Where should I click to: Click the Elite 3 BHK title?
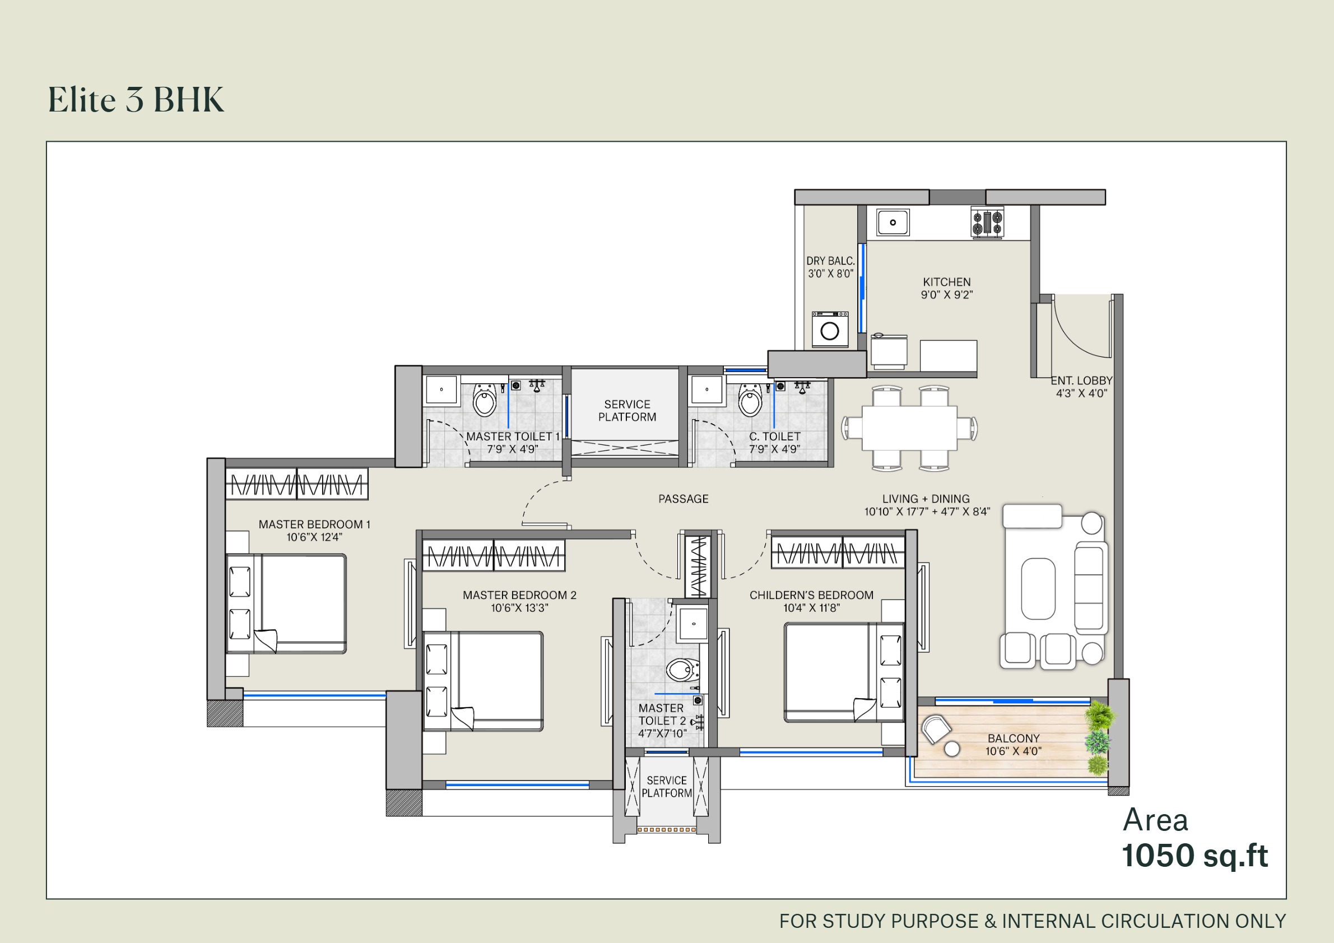(136, 99)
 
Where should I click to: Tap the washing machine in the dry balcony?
(830, 329)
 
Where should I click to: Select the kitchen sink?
(893, 222)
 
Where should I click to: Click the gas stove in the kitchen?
(987, 223)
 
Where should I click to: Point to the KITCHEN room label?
(946, 282)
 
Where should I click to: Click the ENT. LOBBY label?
(1081, 380)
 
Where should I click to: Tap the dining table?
(909, 428)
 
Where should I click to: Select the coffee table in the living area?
(1038, 588)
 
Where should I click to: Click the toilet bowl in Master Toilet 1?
(485, 400)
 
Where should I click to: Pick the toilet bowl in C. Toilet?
(750, 400)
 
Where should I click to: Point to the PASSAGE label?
(684, 499)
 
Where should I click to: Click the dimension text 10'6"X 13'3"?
(519, 608)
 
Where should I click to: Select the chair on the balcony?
(935, 728)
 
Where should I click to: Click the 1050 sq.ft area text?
(1194, 855)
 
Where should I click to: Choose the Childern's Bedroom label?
(811, 595)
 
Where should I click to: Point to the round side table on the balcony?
(952, 750)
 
